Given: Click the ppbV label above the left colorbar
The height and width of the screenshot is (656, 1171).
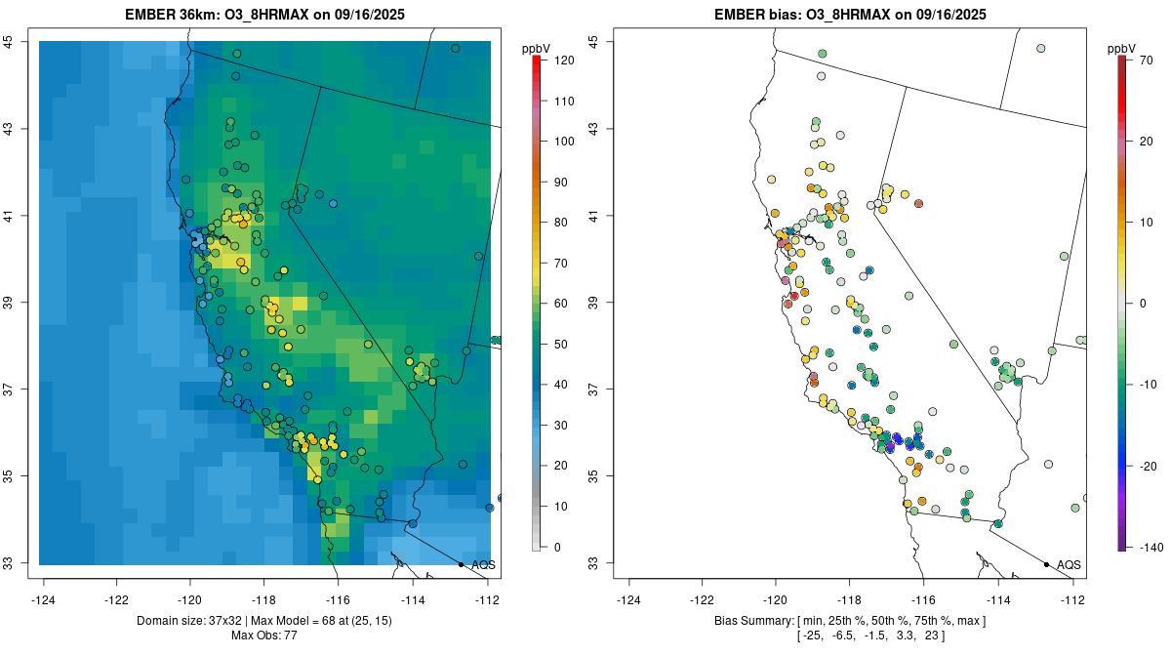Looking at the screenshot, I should click(x=536, y=48).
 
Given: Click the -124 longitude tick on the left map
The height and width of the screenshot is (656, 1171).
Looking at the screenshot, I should click(x=45, y=599).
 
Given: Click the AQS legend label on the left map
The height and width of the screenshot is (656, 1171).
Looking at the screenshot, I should click(x=483, y=564).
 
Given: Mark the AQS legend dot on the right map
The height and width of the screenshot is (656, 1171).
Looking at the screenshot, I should click(x=1046, y=564).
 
